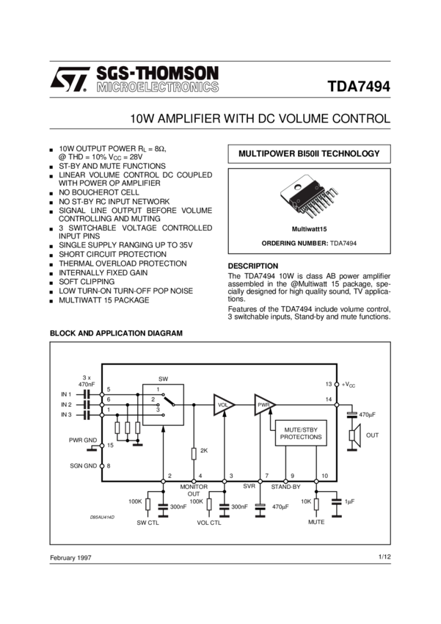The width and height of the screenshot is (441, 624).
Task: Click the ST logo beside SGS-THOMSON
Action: click(69, 79)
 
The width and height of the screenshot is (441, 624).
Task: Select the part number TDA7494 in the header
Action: click(359, 86)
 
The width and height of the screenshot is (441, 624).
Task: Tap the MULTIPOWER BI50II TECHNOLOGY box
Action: click(309, 154)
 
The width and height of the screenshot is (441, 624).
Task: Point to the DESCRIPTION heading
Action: click(253, 266)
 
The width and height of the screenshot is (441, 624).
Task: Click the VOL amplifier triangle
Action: click(223, 404)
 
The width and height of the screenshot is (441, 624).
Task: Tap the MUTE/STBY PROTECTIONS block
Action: click(301, 432)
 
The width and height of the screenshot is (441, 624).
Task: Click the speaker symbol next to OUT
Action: click(352, 435)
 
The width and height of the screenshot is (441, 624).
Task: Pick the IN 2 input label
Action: click(66, 404)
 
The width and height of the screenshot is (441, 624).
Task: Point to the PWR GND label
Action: click(82, 440)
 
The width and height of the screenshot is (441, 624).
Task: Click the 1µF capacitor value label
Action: click(339, 501)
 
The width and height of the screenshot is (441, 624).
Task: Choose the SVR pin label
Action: click(249, 487)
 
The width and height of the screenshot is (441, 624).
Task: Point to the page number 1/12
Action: click(384, 556)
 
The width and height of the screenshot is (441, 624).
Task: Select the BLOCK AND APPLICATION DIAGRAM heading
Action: click(115, 333)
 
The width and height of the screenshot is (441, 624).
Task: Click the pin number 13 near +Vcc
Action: click(328, 384)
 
